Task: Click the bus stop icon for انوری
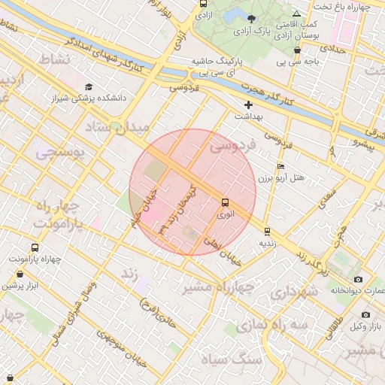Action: [226, 202]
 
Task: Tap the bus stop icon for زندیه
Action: [268, 231]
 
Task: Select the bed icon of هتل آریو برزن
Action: [281, 166]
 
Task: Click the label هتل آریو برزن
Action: [281, 178]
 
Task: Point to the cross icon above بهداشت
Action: [249, 105]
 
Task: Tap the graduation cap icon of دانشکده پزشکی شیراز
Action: [89, 86]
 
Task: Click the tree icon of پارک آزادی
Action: [251, 19]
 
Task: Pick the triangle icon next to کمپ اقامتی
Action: [297, 14]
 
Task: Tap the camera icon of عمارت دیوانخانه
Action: [337, 280]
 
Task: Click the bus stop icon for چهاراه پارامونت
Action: [35, 247]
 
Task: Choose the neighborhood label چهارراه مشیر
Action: [217, 286]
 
